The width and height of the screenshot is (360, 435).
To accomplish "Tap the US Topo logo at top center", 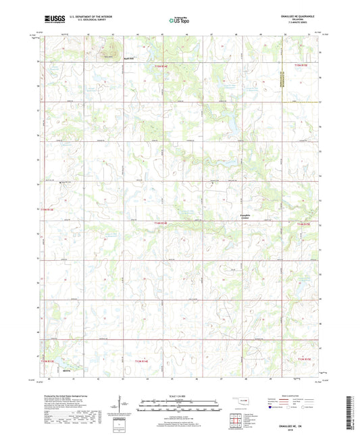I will [x=179, y=21].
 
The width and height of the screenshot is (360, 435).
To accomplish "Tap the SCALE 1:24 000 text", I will [x=180, y=395].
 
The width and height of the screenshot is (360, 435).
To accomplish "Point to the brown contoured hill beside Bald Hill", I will [x=109, y=52].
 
